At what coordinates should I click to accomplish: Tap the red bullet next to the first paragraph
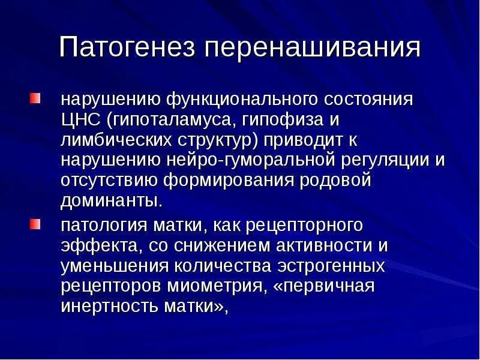37,97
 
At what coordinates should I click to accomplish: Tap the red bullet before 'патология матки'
37,224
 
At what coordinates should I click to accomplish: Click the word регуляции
391,160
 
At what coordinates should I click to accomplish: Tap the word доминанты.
111,200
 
